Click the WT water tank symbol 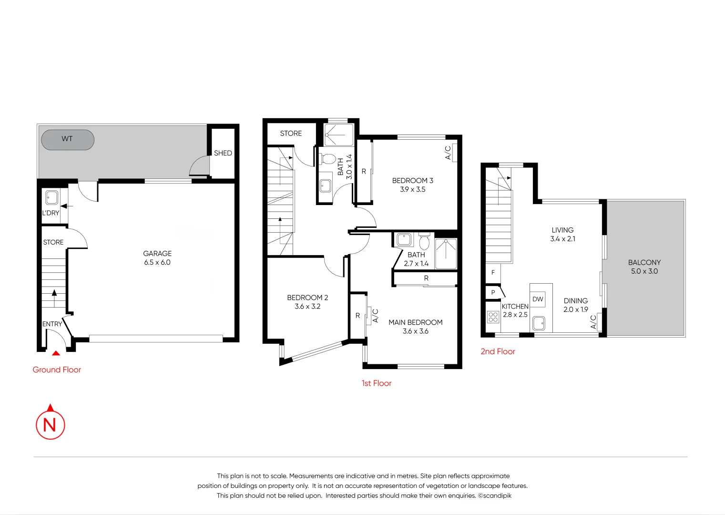[68, 140]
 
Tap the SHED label [223, 153]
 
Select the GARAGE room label [157, 254]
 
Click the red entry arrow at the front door [56, 353]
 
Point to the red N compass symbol [50, 423]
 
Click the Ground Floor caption [57, 370]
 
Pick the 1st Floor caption [376, 383]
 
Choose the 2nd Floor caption [498, 351]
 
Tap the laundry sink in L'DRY [51, 197]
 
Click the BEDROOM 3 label [412, 181]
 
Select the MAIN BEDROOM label [415, 322]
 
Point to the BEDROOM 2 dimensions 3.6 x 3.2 [307, 307]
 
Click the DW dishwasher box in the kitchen [538, 299]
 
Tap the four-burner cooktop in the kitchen [493, 317]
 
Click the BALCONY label [644, 262]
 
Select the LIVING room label [562, 230]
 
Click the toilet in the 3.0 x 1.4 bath [328, 159]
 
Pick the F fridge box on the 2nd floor [493, 272]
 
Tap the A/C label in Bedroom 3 [448, 153]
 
